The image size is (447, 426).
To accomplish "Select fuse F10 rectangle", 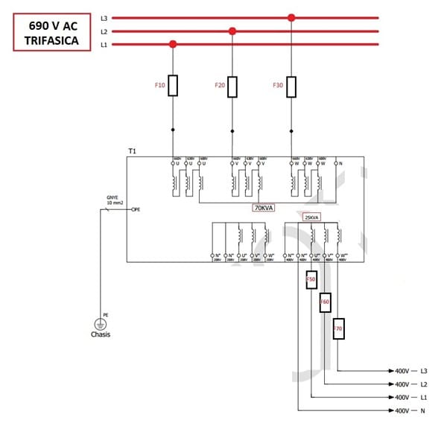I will tap(173, 86).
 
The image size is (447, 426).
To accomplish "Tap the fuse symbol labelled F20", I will tap(232, 86).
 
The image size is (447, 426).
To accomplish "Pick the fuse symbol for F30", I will tap(291, 86).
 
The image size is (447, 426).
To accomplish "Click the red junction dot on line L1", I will tap(173, 45).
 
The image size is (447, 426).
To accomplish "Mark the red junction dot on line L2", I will tap(232, 31).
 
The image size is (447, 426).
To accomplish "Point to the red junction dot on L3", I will tap(291, 17).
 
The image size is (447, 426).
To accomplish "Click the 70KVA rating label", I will tap(264, 208).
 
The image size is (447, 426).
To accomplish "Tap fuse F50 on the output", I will tap(311, 281).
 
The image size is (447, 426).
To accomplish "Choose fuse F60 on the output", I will tap(325, 302).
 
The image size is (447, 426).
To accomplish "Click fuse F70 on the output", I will tap(338, 328).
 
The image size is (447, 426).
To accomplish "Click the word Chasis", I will tap(100, 334).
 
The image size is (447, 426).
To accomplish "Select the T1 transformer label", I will tap(132, 151).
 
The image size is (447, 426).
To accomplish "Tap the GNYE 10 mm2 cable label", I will tap(115, 200).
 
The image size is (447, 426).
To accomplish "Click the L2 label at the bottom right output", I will tap(424, 384).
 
